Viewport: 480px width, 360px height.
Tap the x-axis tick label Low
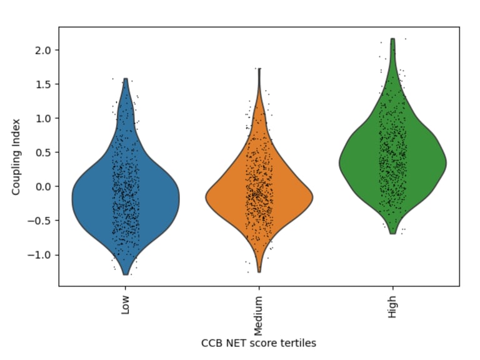point(126,304)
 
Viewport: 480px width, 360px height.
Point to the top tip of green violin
point(392,39)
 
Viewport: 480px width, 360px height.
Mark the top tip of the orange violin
point(259,69)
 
